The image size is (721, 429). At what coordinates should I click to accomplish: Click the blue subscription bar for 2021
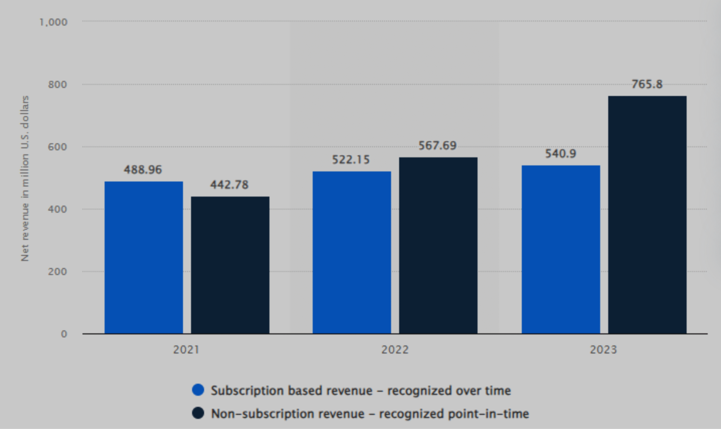pos(144,257)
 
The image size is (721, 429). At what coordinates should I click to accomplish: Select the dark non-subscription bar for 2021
pos(230,265)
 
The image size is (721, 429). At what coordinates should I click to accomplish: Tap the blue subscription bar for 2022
pos(351,252)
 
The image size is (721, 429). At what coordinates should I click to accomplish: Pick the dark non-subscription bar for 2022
pos(438,246)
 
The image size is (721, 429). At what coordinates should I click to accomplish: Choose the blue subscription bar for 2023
pos(561,249)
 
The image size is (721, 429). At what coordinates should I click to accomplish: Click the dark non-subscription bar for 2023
pos(647,215)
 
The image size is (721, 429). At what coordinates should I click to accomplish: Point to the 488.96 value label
pos(143,170)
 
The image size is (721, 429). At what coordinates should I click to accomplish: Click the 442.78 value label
pos(229,185)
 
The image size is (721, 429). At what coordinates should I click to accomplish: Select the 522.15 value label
pos(351,160)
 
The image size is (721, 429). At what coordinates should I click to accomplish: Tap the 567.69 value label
pos(437,145)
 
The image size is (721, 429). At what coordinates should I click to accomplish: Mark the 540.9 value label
pos(560,154)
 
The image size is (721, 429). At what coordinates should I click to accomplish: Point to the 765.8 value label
pos(647,84)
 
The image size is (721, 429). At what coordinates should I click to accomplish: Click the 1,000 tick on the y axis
pos(53,22)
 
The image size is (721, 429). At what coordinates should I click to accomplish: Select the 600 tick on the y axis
pos(57,147)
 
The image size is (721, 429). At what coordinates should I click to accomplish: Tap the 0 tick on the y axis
pos(64,334)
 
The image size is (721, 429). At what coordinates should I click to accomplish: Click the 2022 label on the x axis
pos(395,350)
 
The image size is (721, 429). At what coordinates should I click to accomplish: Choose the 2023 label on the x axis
pos(603,350)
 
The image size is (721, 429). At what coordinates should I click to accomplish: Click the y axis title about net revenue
pos(25,178)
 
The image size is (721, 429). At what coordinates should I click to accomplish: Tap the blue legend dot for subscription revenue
pos(198,390)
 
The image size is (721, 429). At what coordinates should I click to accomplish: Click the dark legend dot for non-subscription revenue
pos(198,413)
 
